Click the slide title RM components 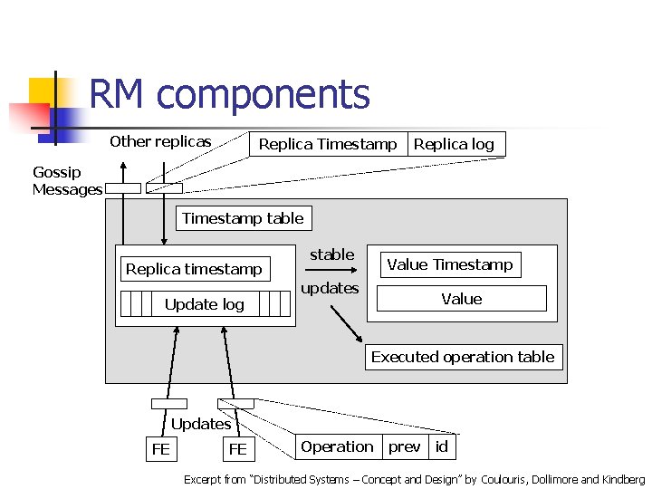coord(229,94)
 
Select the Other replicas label coord(160,141)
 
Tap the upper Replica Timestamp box coord(328,144)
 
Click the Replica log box coord(455,144)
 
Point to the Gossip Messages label coord(67,181)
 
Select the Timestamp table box coord(243,218)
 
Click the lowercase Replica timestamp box coord(194,269)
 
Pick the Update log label coord(205,304)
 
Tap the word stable coord(332,254)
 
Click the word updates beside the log coord(330,288)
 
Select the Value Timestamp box coord(450,264)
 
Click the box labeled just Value coord(461,299)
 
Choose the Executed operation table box coord(463,357)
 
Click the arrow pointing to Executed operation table coord(344,322)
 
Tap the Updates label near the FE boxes coord(201,424)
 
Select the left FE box coord(161,449)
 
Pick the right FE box coord(238,449)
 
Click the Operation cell coord(337,446)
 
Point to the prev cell coord(405,446)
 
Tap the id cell coord(442,446)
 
